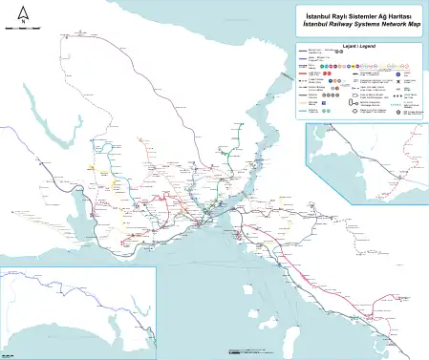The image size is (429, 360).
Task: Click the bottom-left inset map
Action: [76, 310]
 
